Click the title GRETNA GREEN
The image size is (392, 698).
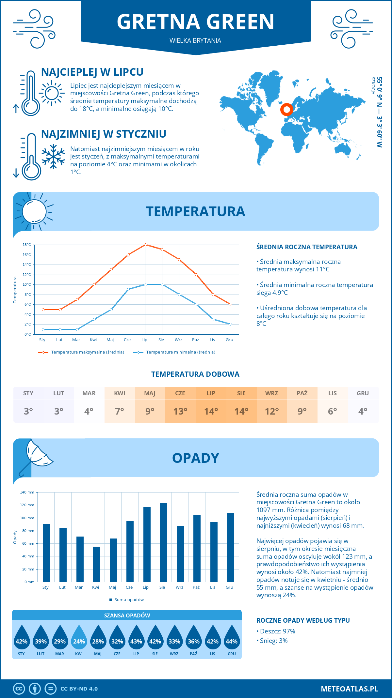195,22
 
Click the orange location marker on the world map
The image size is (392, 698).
286,110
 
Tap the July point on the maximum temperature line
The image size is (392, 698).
145,245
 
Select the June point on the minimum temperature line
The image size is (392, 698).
128,289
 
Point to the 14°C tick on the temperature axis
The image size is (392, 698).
27,265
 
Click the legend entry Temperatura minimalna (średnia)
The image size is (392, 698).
174,352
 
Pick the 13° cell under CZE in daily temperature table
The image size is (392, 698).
180,411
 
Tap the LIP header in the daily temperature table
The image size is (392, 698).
211,393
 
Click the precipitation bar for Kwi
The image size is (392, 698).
97,564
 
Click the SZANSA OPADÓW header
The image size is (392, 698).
127,615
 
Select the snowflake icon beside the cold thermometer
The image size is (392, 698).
53,157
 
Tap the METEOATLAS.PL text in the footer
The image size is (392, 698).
349,689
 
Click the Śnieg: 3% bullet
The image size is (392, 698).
272,641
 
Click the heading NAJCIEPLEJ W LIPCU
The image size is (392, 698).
92,72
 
